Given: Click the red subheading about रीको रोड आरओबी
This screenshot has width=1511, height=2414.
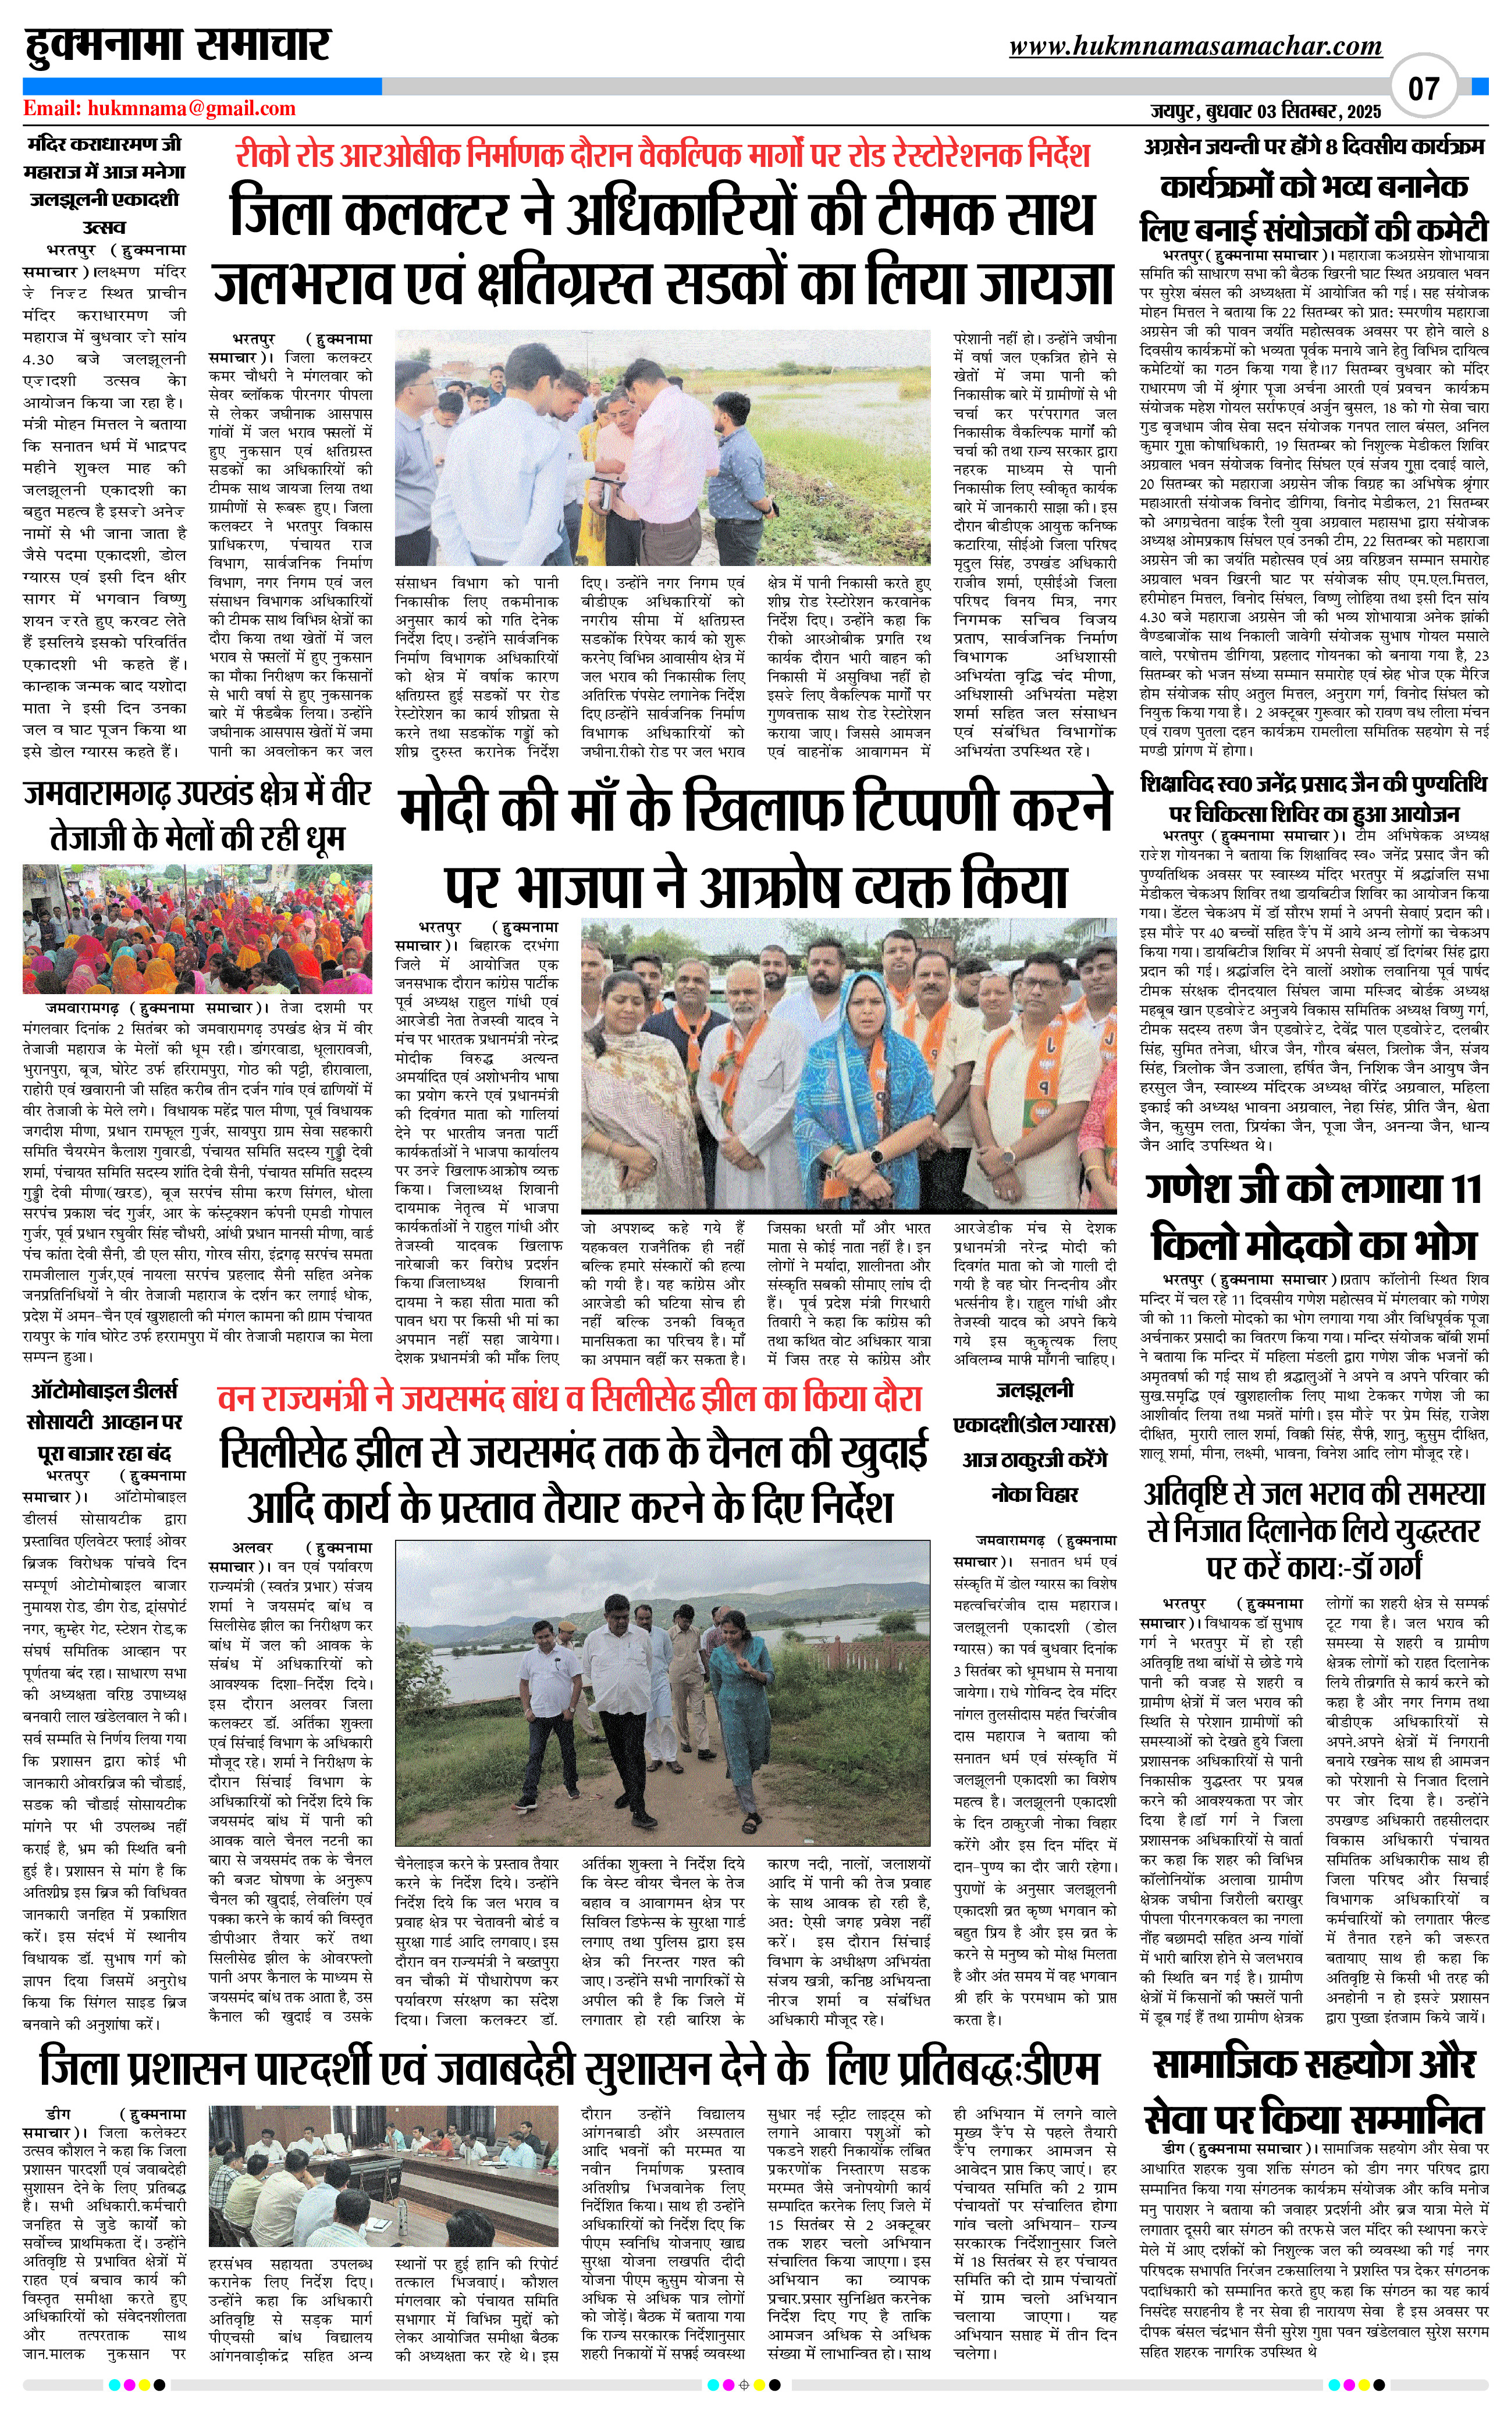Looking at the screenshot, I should click(662, 155).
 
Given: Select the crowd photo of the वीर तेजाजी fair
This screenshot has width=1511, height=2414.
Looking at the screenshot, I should click(197, 929).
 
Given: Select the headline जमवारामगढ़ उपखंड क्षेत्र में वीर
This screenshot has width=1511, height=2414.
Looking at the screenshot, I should click(197, 795).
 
